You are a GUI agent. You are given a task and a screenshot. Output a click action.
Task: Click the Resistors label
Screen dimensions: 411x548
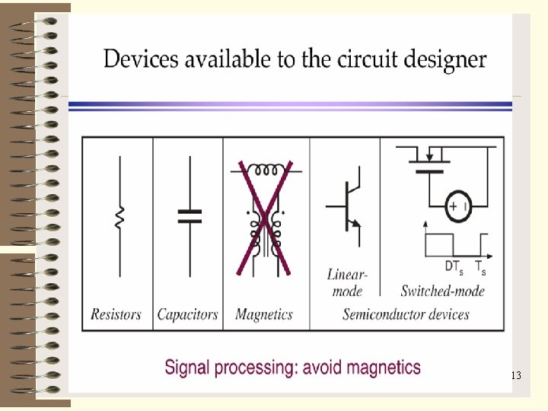click(x=116, y=314)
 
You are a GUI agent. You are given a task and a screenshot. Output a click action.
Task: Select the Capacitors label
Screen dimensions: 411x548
click(x=187, y=314)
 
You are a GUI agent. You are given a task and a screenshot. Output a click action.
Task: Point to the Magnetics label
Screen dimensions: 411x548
click(x=264, y=314)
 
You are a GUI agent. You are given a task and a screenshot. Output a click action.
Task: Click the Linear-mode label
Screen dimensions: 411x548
click(x=348, y=282)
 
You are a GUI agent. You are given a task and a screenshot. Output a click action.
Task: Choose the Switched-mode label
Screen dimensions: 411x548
click(x=442, y=290)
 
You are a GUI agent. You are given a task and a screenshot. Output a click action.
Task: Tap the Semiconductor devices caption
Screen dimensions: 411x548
click(x=405, y=314)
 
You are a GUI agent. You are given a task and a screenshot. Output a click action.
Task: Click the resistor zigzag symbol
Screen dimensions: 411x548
click(x=119, y=218)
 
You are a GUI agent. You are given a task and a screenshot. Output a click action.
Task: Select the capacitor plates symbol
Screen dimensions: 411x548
click(x=190, y=215)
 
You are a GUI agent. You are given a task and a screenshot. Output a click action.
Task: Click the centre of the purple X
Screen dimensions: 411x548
click(x=263, y=219)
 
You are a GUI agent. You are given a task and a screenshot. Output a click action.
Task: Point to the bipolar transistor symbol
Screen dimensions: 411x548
click(x=346, y=206)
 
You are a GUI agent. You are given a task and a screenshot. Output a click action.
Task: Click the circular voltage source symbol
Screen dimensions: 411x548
click(x=459, y=206)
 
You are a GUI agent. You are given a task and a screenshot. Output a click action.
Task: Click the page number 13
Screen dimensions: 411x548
click(x=515, y=375)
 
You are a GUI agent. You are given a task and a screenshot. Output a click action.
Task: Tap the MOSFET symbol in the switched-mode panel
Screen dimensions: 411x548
click(x=429, y=161)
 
